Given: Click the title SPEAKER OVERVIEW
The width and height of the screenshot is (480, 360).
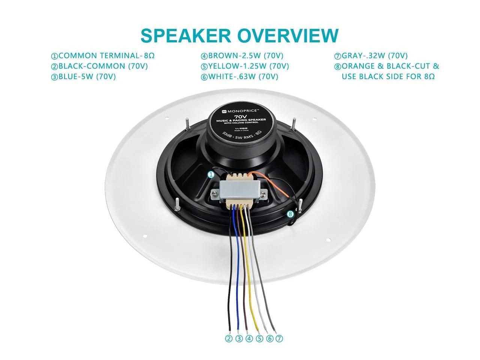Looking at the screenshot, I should pyautogui.click(x=239, y=35).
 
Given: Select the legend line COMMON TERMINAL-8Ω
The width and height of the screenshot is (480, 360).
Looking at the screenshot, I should pyautogui.click(x=103, y=56).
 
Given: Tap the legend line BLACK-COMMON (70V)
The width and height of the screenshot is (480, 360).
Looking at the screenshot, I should pyautogui.click(x=99, y=66).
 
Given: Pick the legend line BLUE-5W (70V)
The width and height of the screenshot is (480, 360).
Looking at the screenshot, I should pyautogui.click(x=83, y=77).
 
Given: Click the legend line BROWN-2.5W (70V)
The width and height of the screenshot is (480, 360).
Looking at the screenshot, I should pyautogui.click(x=242, y=56).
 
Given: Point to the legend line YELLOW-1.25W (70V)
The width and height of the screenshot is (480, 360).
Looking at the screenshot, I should pyautogui.click(x=245, y=66).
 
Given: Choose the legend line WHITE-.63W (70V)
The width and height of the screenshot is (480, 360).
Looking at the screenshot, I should pyautogui.click(x=240, y=77).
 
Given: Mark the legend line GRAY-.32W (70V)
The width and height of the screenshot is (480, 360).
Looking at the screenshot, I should pyautogui.click(x=371, y=56).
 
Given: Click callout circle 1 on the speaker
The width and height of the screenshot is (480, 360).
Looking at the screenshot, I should pyautogui.click(x=211, y=174).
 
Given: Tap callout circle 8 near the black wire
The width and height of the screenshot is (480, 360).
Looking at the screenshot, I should pyautogui.click(x=290, y=214).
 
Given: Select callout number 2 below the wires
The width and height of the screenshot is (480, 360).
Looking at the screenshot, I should pyautogui.click(x=229, y=339).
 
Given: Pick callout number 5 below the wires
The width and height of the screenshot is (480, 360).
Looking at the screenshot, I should pyautogui.click(x=259, y=339).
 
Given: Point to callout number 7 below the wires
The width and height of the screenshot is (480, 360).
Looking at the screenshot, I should pyautogui.click(x=279, y=339).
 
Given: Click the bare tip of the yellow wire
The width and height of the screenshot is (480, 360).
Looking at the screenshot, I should pyautogui.click(x=257, y=327).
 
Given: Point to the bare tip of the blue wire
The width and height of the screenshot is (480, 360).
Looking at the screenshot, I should pyautogui.click(x=239, y=327).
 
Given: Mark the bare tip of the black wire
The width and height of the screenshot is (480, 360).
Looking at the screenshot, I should pyautogui.click(x=230, y=327).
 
